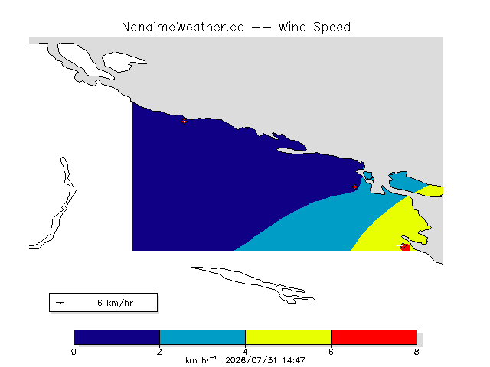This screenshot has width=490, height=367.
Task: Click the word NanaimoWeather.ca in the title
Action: [183, 28]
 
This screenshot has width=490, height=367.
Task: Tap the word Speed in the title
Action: [332, 28]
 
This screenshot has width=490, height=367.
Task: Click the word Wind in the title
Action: [292, 28]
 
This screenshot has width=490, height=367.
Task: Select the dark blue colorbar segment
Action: [116, 337]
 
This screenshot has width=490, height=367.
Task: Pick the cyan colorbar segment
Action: [202, 337]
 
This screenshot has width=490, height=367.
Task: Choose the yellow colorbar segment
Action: [288, 337]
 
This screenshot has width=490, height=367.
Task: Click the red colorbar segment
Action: [374, 337]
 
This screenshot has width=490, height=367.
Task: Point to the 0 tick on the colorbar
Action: [73, 352]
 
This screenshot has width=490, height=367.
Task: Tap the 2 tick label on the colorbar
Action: [159, 352]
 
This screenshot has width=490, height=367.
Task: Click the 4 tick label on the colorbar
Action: [245, 352]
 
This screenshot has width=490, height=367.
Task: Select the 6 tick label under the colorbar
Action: [331, 352]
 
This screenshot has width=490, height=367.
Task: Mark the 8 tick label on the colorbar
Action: [416, 352]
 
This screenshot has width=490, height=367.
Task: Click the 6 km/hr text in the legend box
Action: [116, 303]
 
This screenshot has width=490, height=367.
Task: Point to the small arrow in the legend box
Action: [60, 303]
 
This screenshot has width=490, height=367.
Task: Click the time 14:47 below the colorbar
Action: [294, 360]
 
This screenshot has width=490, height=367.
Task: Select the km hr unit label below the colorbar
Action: [201, 360]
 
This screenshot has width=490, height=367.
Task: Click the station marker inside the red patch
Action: [403, 246]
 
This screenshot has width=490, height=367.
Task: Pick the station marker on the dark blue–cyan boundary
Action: [354, 187]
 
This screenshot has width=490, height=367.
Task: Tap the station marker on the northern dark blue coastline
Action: [184, 121]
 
